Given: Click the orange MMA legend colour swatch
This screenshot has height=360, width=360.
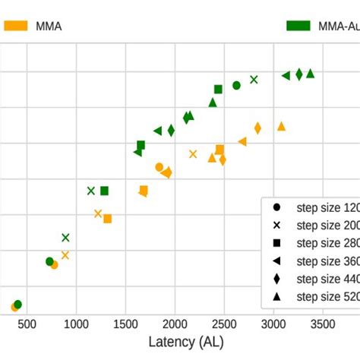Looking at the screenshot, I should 16,26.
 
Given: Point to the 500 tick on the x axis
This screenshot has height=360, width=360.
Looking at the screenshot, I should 27,324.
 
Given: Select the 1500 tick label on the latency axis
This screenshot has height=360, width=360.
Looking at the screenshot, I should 125,324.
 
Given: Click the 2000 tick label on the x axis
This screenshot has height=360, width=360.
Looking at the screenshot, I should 175,324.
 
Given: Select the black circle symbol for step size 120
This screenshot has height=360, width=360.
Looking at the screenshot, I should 277,207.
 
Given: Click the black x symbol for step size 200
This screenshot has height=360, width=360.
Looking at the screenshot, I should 277,225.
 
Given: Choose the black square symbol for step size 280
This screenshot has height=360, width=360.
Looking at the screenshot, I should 277,243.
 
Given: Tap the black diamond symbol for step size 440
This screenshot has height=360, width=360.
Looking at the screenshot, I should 277,278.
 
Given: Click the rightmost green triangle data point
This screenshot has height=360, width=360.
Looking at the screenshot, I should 310,74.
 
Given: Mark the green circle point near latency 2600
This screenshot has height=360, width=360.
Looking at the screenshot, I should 236,85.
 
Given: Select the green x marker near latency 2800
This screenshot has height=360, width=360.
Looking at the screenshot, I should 254,79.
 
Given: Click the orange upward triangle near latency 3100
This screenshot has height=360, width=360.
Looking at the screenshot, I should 281,126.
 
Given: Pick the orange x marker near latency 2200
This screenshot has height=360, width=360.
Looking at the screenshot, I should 193,154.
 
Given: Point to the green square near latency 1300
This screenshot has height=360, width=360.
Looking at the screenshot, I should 104,191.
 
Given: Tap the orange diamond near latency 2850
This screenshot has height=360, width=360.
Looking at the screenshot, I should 257,128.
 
